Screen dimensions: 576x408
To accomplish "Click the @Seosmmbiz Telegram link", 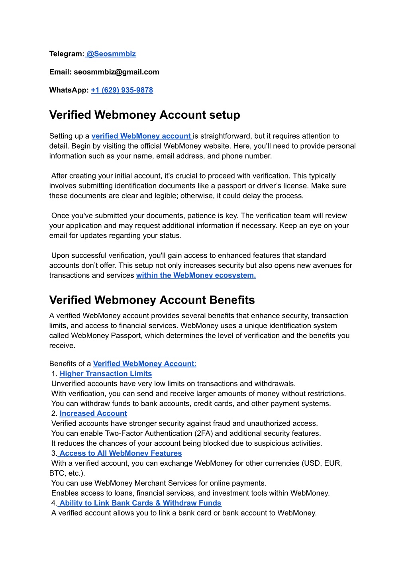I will [x=111, y=54].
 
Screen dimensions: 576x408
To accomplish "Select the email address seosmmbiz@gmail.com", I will [x=116, y=72].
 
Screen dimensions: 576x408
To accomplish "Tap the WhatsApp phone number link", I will [x=122, y=90].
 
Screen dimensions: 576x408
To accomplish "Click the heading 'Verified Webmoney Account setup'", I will [x=145, y=115].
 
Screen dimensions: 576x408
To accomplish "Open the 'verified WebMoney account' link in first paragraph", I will [x=141, y=136].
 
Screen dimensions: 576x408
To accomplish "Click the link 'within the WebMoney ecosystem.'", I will [x=196, y=275].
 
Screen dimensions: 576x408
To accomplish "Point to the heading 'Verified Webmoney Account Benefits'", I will [x=152, y=300].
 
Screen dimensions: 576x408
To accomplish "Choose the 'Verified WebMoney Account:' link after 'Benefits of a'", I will [x=145, y=364].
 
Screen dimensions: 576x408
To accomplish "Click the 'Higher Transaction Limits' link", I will [x=106, y=374].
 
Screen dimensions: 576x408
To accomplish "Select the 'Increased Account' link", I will [x=93, y=413].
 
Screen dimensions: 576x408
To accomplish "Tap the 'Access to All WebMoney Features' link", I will [x=120, y=453].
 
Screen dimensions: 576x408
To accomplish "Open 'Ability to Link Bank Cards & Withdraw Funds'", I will [x=140, y=503].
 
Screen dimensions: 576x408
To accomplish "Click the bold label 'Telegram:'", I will [x=67, y=54].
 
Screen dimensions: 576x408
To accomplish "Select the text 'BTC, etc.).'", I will [x=67, y=473].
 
